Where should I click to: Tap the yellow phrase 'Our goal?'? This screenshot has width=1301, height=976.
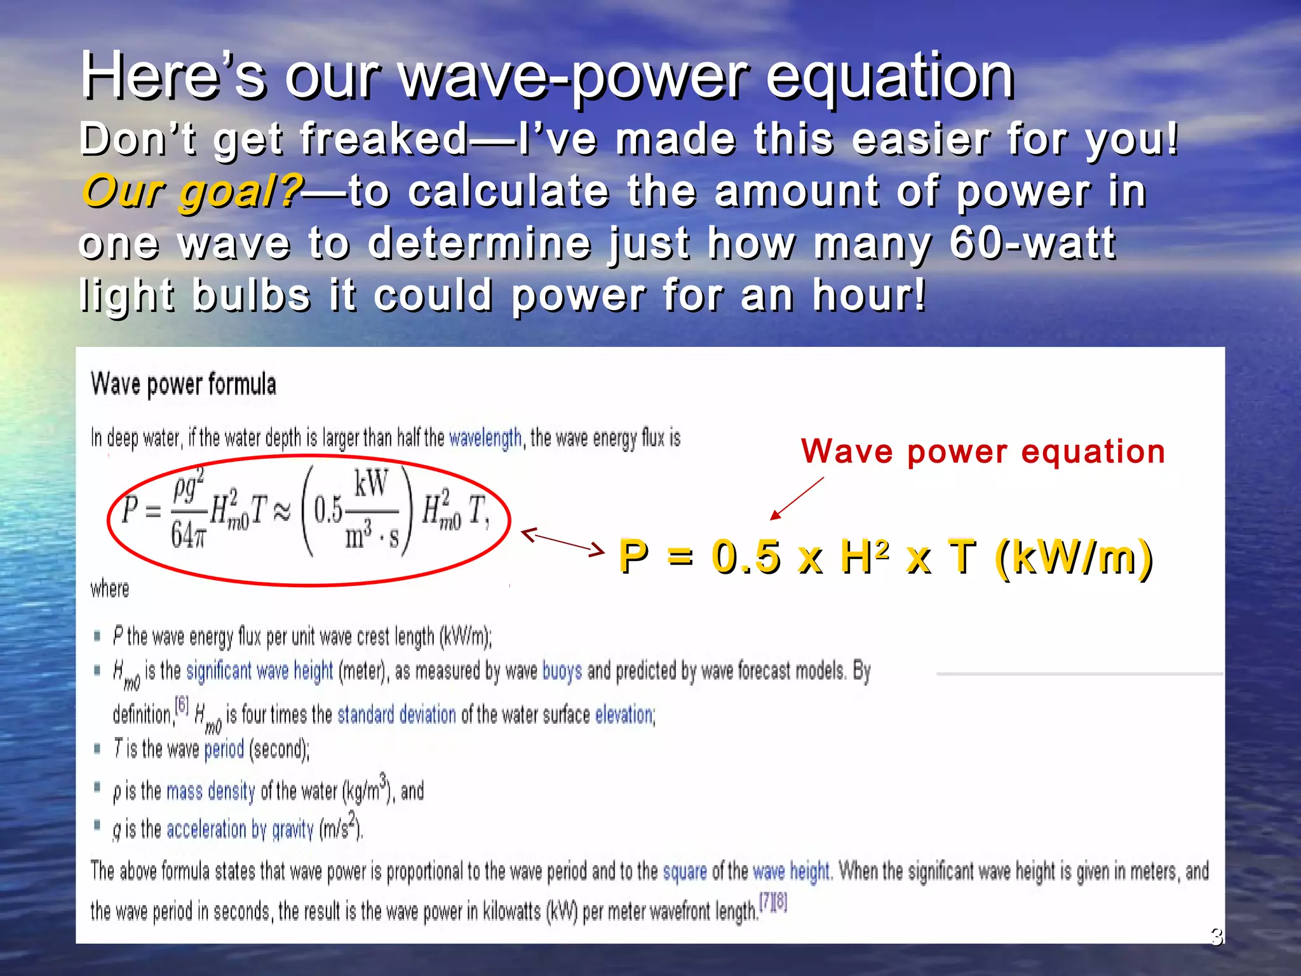(x=190, y=191)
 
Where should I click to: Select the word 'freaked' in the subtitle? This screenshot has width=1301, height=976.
(x=384, y=139)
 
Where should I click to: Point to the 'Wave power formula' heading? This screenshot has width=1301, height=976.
(x=184, y=384)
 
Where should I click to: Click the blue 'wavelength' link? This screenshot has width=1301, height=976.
(x=485, y=438)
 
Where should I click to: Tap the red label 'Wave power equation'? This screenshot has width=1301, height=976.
(x=983, y=452)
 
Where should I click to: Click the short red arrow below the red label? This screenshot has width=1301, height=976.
(x=797, y=499)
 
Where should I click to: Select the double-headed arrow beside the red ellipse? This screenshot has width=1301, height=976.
(x=562, y=542)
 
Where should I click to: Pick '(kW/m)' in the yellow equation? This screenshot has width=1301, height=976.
(x=1074, y=557)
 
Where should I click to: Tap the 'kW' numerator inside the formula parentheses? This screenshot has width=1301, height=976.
(x=371, y=484)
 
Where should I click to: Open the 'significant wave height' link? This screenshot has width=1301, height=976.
(x=259, y=670)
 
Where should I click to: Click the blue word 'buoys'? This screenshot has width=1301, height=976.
(x=562, y=671)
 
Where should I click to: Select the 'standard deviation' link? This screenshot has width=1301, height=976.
(x=396, y=715)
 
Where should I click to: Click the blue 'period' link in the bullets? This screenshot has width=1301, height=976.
(x=224, y=749)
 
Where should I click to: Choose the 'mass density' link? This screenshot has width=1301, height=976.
(x=210, y=791)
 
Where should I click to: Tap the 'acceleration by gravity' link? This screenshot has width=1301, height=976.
(x=239, y=829)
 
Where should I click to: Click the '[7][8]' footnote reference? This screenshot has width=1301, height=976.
(x=773, y=902)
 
